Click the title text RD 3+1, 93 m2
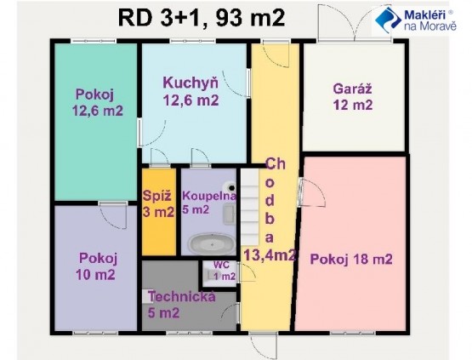[202, 18]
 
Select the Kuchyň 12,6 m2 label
[191, 91]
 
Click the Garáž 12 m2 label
[353, 97]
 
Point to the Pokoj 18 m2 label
[351, 259]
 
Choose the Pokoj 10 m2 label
[96, 266]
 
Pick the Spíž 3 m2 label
[158, 204]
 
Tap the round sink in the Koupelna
[231, 186]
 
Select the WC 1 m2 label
[223, 271]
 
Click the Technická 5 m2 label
[181, 305]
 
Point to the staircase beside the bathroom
[249, 207]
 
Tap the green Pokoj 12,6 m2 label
[98, 102]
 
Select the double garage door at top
[354, 23]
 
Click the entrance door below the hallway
[264, 346]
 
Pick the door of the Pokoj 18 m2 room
[312, 192]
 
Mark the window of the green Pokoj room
[94, 41]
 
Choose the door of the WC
[247, 272]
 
